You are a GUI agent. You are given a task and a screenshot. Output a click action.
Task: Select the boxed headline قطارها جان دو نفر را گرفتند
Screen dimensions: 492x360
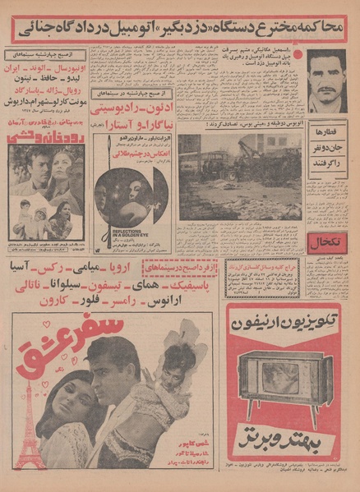point(325,143)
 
